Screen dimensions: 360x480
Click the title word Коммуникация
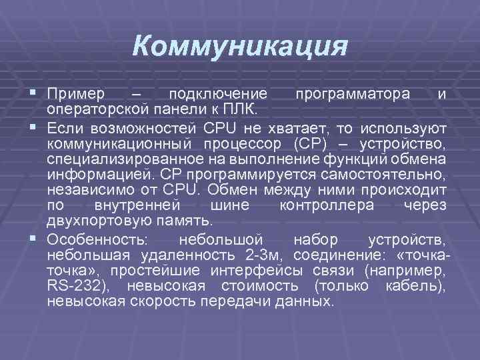pos(240,46)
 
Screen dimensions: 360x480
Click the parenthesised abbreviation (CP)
pos(308,143)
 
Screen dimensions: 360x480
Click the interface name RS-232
pos(74,287)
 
